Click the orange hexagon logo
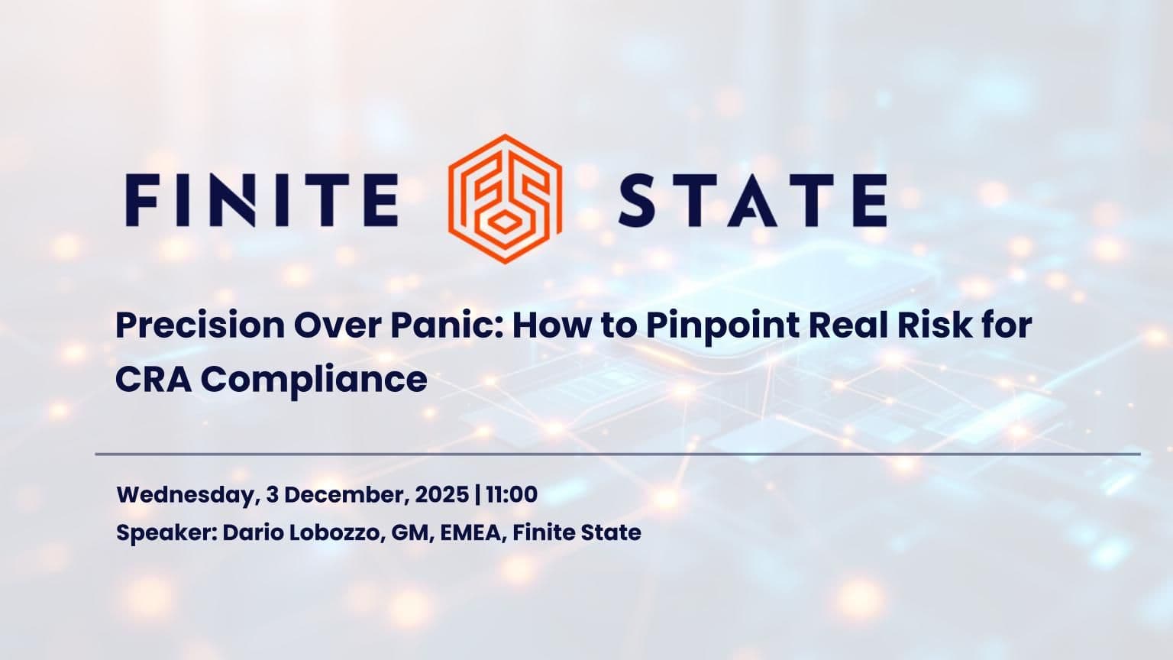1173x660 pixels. [x=505, y=199]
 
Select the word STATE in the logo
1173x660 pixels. [x=751, y=200]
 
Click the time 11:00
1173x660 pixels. [x=511, y=495]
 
